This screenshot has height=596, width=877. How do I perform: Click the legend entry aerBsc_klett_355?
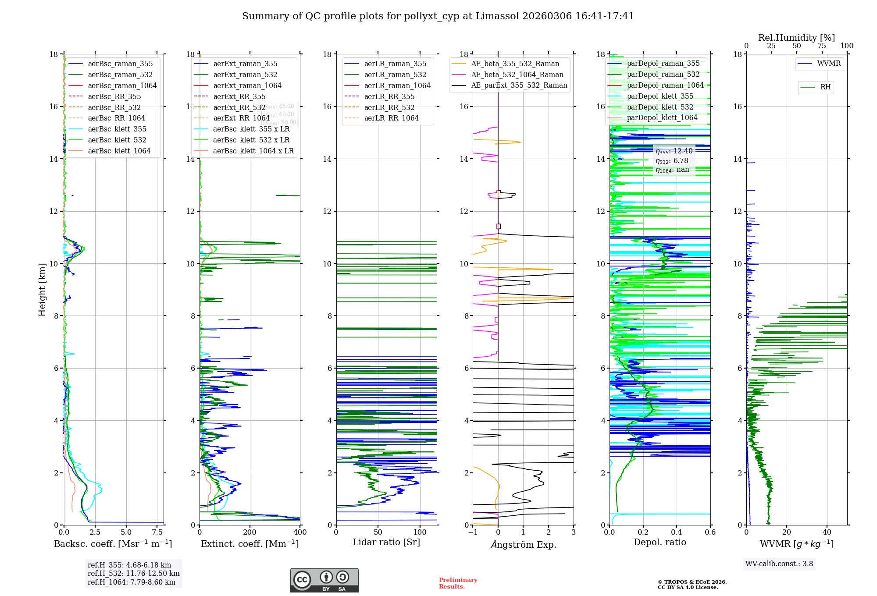coord(117,129)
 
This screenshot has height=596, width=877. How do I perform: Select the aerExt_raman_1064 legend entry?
coord(247,85)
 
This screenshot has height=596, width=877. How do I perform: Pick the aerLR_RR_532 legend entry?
coord(389,107)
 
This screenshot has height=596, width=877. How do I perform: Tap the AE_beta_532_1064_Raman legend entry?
coord(517,74)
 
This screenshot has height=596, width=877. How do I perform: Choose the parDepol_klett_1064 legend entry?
coord(662,117)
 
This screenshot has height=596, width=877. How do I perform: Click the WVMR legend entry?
coord(829,64)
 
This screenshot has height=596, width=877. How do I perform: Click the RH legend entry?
coord(825,87)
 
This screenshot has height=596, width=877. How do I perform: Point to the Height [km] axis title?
coord(42,290)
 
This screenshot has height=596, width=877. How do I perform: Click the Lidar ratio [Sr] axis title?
coord(386,542)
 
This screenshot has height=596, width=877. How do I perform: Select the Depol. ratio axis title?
coord(660,542)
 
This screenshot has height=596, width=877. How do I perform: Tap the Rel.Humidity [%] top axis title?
coord(796,38)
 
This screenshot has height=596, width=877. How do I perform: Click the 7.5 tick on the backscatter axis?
coord(157,532)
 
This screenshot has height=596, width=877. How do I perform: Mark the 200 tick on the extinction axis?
coord(250,532)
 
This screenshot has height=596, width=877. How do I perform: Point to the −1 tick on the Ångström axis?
coord(473,532)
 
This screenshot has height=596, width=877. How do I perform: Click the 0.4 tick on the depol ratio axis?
coord(677,532)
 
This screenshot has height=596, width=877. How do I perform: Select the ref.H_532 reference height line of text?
coord(133,573)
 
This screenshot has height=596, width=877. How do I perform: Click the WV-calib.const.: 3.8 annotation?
coord(779,564)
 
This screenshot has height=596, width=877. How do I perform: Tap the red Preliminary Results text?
coord(458,583)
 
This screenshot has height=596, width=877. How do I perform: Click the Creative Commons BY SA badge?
coord(324,580)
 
